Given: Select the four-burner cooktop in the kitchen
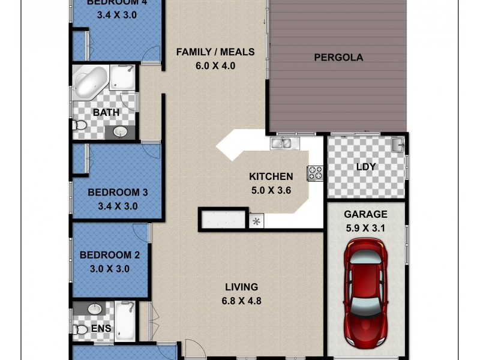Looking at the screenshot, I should [x=315, y=173].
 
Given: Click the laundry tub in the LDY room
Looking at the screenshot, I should [x=397, y=145].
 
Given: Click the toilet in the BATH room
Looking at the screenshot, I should [x=79, y=126].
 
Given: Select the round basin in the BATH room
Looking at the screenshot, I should [x=119, y=131].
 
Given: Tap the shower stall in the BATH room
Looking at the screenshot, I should [x=123, y=78].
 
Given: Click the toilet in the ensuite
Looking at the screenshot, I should [x=80, y=329].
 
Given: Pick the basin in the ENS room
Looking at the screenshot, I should [x=95, y=310].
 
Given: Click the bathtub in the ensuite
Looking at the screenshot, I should [x=126, y=321].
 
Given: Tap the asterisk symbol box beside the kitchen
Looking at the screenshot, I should [x=256, y=221].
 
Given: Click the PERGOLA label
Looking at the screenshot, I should [x=339, y=58].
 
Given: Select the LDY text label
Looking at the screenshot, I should [x=365, y=166].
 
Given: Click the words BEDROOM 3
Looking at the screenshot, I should [x=118, y=193].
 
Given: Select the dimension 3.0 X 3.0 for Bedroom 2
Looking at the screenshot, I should [x=109, y=269].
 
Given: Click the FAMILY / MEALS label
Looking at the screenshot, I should [x=215, y=52].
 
